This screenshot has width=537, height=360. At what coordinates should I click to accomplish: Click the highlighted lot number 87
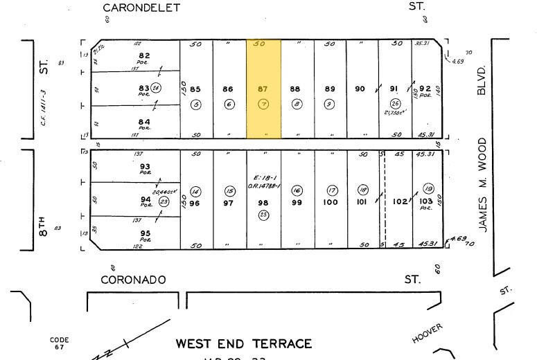[x=263, y=89]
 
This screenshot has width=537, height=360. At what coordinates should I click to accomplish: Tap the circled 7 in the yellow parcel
[x=263, y=105]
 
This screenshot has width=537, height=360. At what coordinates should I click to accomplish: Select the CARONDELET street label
[x=141, y=8]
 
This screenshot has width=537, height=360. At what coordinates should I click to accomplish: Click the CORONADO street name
[x=134, y=280]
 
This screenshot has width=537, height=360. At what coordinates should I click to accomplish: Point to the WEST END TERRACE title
[x=243, y=343]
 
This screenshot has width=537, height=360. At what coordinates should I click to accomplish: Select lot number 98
[x=263, y=202]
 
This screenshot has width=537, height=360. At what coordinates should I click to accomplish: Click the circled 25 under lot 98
[x=263, y=215]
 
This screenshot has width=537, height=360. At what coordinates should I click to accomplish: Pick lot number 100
[x=331, y=202]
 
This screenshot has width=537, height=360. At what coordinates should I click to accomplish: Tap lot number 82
[x=145, y=55]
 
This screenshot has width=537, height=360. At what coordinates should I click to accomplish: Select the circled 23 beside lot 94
[x=164, y=201]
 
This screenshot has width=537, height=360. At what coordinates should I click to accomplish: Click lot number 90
[x=360, y=89]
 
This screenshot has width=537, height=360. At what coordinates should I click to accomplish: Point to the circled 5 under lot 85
[x=196, y=105]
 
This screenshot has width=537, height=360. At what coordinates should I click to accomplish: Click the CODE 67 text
[x=60, y=343]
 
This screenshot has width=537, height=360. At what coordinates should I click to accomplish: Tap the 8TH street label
[x=44, y=227]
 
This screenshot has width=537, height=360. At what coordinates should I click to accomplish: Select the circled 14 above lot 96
[x=195, y=190]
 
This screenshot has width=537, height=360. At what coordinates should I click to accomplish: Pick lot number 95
[x=145, y=233]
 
